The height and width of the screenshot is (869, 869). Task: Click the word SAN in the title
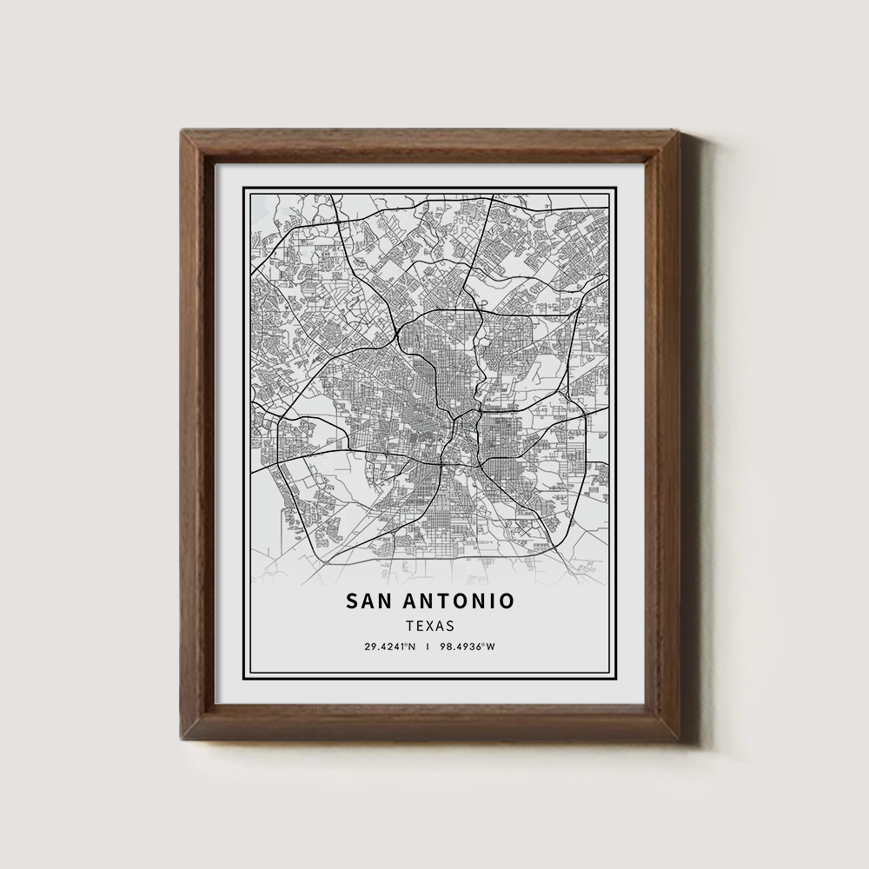point(371,601)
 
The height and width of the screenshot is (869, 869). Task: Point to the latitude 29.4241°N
point(390,647)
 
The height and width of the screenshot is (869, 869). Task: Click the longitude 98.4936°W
point(468,647)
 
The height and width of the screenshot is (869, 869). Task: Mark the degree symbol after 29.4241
point(406,645)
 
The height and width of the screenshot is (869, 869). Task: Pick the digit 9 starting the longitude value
point(444,647)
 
